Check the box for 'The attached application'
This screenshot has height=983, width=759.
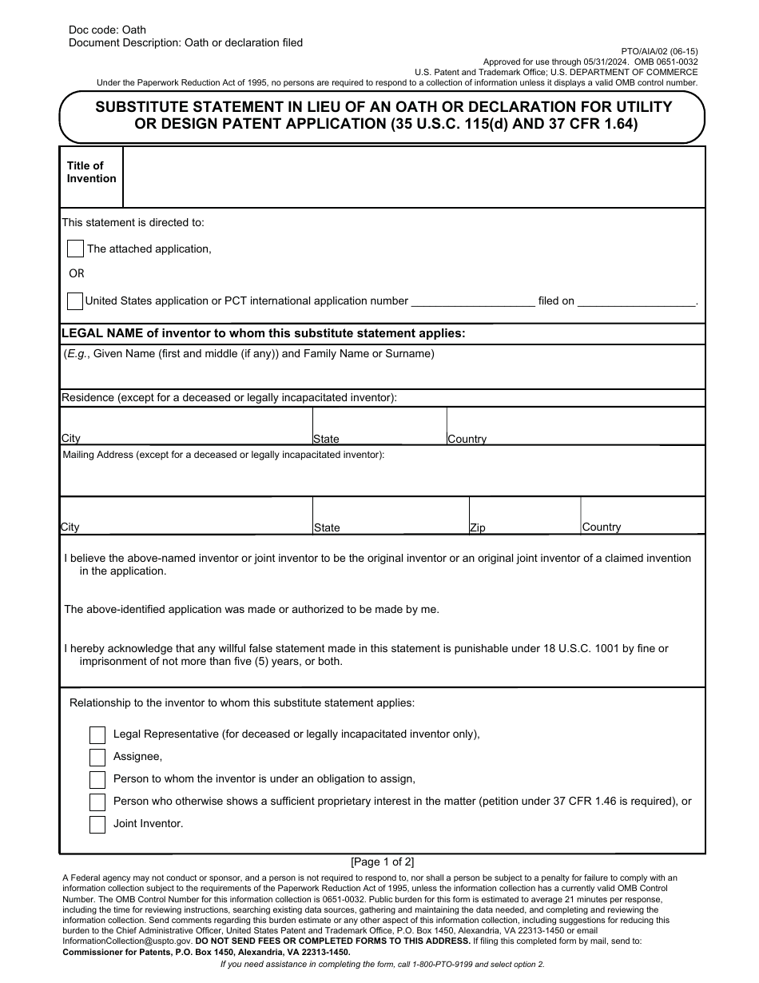click(x=75, y=249)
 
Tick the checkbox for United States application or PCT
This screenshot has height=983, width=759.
click(x=74, y=301)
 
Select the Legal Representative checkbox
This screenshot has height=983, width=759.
click(x=97, y=734)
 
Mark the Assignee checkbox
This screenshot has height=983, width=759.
click(x=97, y=757)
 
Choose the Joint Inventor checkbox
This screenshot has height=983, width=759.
click(x=97, y=824)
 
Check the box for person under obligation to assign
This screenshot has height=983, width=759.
click(x=97, y=779)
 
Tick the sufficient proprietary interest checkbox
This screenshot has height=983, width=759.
click(x=97, y=802)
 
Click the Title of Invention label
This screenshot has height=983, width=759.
click(x=91, y=172)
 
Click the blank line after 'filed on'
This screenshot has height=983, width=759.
click(x=636, y=302)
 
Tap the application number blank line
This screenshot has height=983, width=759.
click(x=472, y=302)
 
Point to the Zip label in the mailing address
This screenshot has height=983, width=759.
click(x=478, y=528)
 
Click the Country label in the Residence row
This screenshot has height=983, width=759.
click(x=467, y=439)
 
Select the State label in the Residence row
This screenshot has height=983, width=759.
click(x=326, y=439)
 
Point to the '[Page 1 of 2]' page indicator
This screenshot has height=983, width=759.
click(x=383, y=862)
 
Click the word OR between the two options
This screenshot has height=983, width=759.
click(x=77, y=273)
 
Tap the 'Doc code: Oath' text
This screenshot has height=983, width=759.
click(x=107, y=30)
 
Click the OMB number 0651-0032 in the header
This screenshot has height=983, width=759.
click(x=673, y=62)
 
